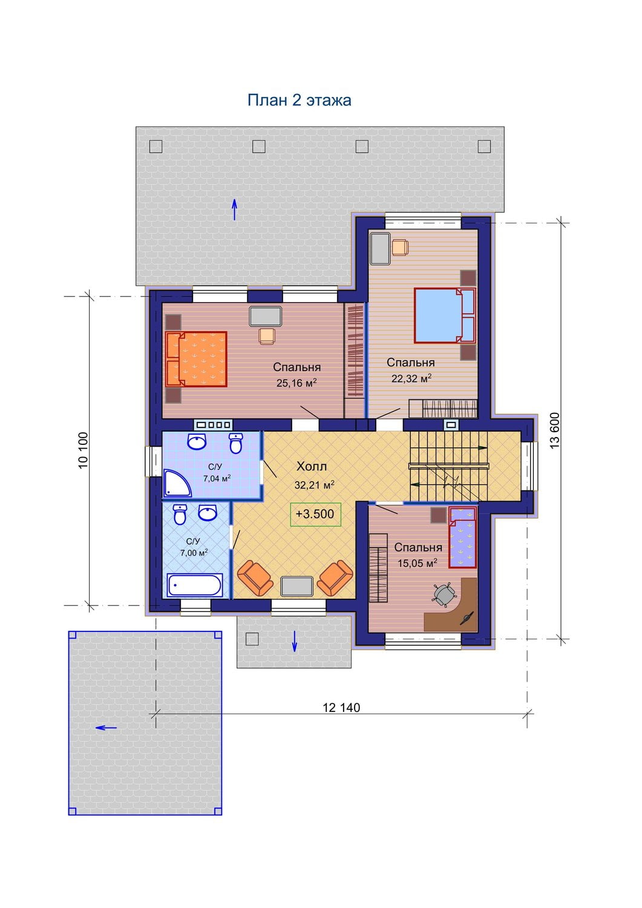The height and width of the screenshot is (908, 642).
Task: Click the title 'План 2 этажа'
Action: [x=299, y=100]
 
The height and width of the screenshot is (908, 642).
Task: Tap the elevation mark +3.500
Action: [x=315, y=514]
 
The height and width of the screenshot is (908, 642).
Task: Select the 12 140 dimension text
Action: [x=341, y=708]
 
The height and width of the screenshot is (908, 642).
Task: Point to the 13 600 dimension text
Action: [x=555, y=430]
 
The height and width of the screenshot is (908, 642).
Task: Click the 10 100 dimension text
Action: [x=84, y=450]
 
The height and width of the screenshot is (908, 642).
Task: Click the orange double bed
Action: [x=196, y=359]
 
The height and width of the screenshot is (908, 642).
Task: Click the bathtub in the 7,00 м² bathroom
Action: [x=195, y=585]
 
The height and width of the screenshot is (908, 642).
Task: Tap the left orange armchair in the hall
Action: [x=255, y=578]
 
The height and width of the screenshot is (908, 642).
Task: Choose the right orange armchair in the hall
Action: [x=335, y=578]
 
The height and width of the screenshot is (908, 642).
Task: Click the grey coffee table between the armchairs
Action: [x=296, y=586]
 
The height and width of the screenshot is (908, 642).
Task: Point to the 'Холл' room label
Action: [x=311, y=467]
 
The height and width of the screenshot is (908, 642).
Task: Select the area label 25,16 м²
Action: [x=296, y=383]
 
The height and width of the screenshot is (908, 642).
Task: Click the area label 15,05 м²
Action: [x=418, y=563]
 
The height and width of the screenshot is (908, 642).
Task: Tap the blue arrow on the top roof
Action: [x=234, y=209]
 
